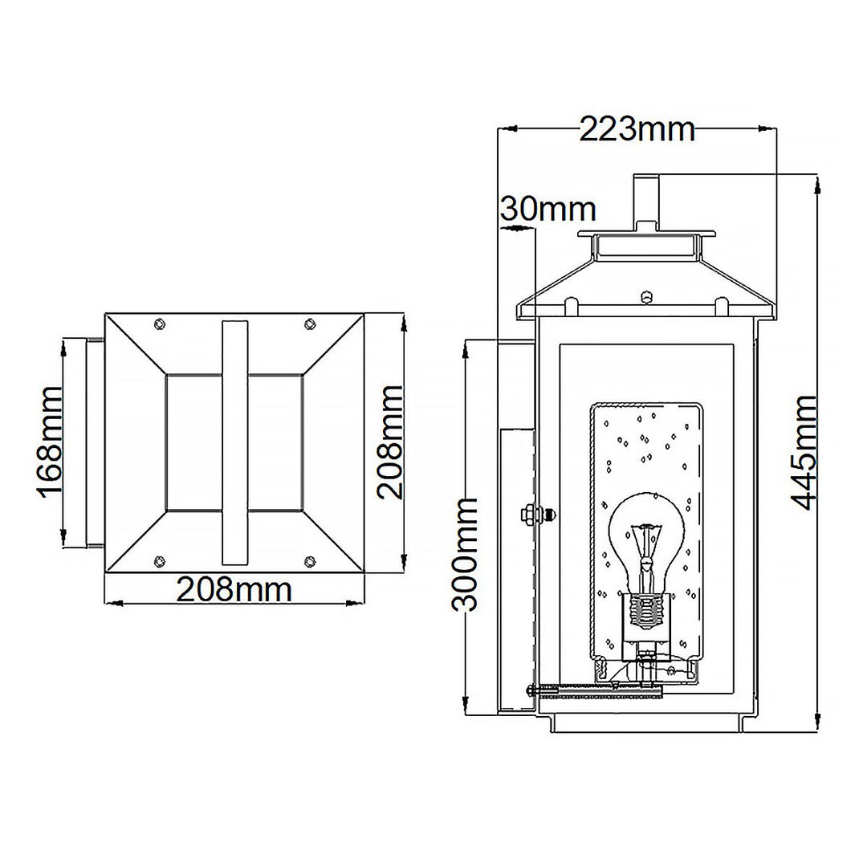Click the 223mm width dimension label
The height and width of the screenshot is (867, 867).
[x=637, y=128]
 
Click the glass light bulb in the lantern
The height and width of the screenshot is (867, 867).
[x=646, y=538]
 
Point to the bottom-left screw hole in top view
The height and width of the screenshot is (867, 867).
[x=159, y=560]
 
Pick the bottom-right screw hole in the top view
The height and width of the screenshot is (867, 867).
[x=310, y=560]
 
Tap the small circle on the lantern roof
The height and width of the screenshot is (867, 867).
[x=646, y=298]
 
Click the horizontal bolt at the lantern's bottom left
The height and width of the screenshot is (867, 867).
[x=594, y=688]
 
